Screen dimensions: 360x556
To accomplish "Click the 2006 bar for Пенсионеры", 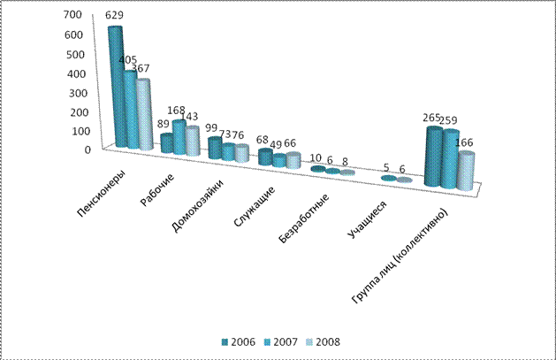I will click(x=115, y=88).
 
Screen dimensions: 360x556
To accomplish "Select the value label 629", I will click(x=114, y=16).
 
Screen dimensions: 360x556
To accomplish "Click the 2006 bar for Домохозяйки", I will click(x=215, y=149).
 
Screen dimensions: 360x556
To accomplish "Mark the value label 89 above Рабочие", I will click(x=164, y=125).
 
